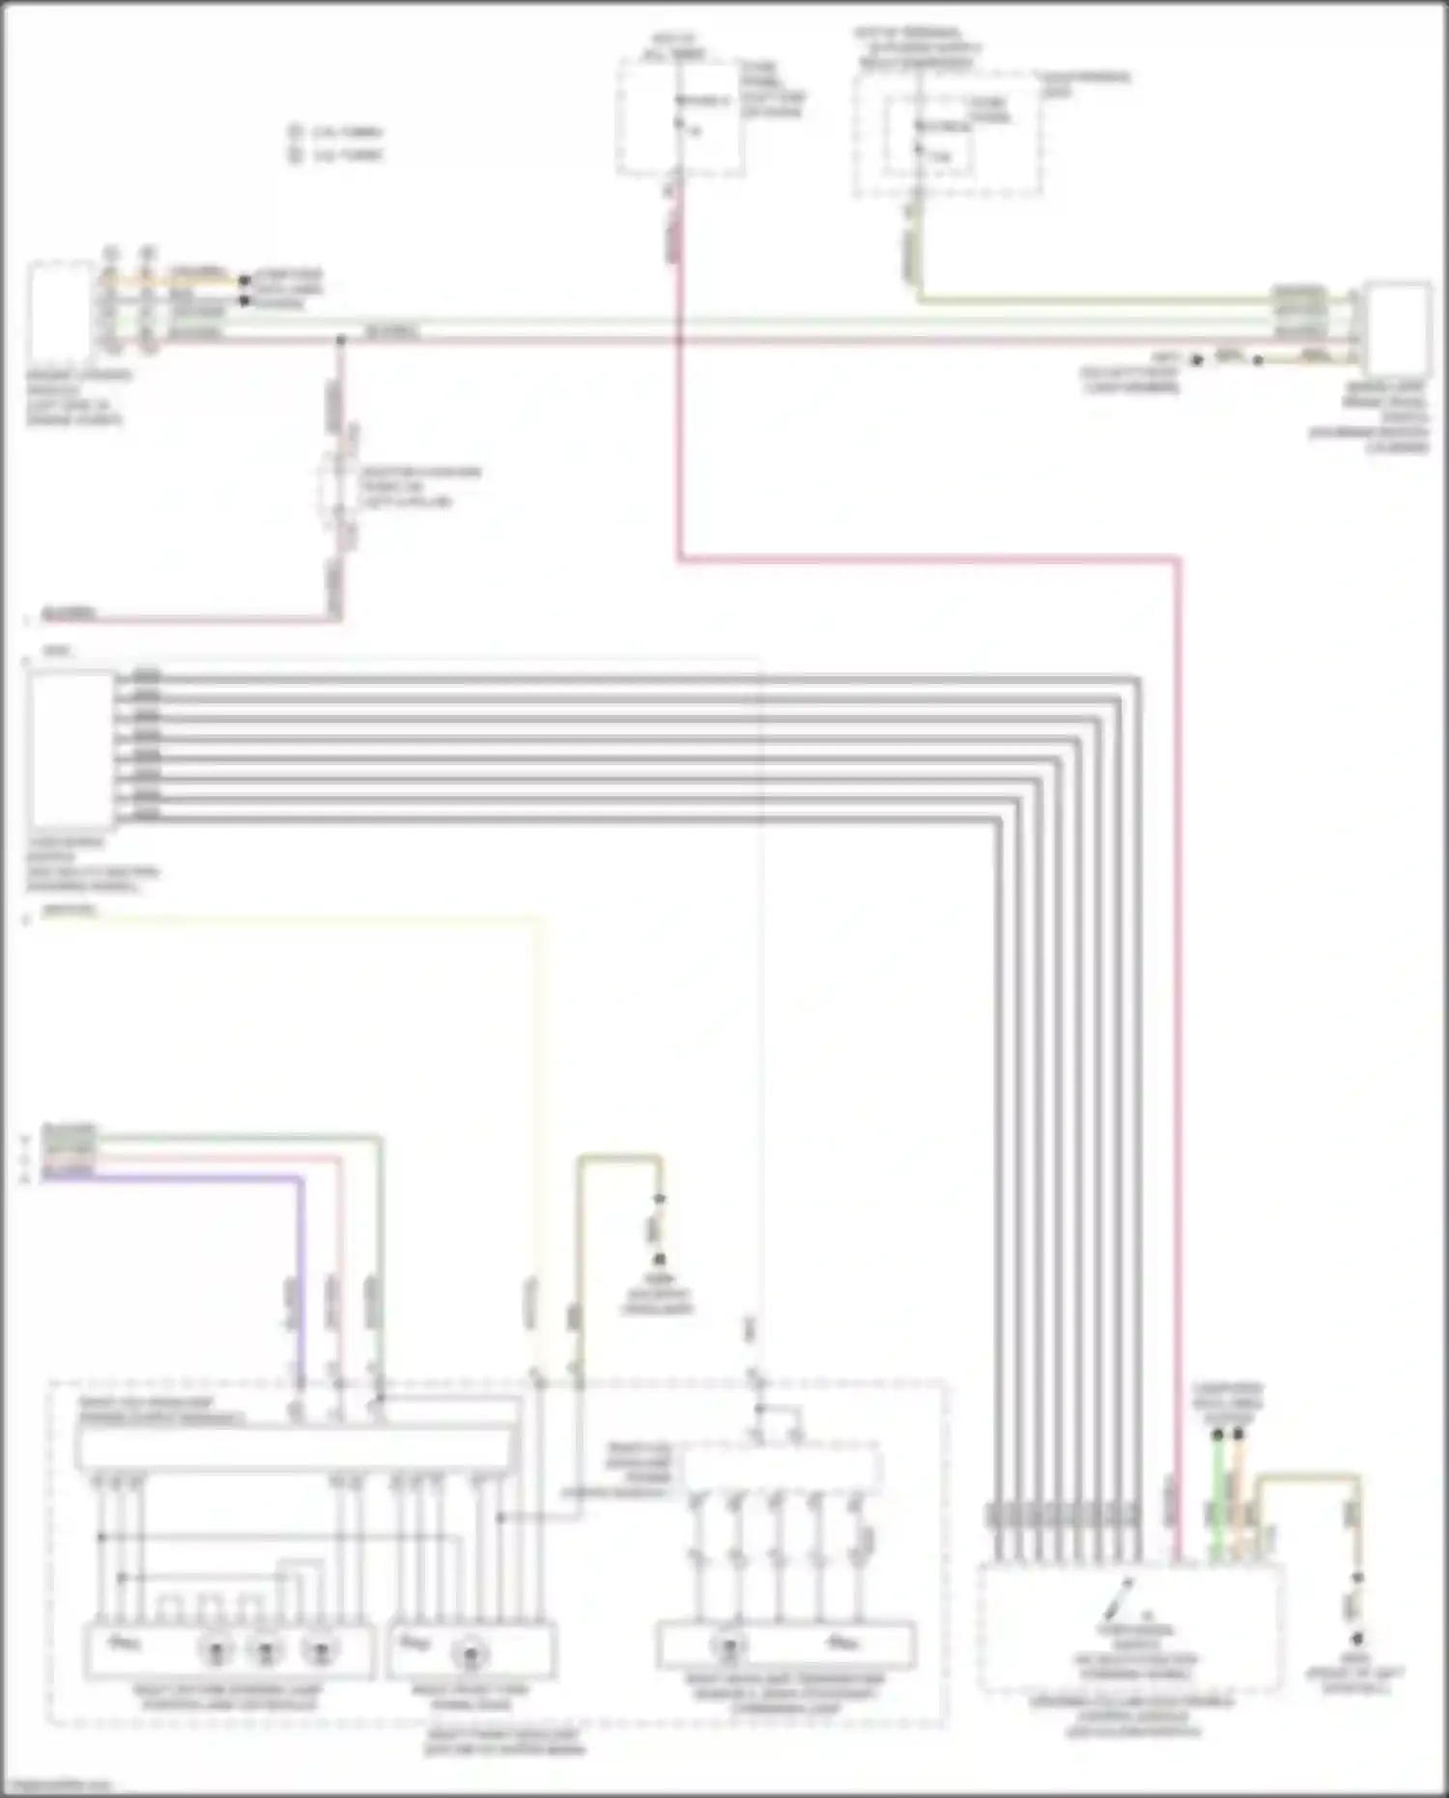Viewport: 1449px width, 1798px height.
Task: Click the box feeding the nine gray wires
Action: click(x=71, y=749)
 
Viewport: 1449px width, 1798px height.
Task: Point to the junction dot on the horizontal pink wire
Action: click(x=340, y=340)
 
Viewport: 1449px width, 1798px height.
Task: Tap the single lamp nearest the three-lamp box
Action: click(x=469, y=1654)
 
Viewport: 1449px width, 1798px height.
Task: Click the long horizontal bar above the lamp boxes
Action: click(x=295, y=1445)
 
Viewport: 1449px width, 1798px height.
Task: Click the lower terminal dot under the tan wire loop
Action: click(x=1357, y=1639)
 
